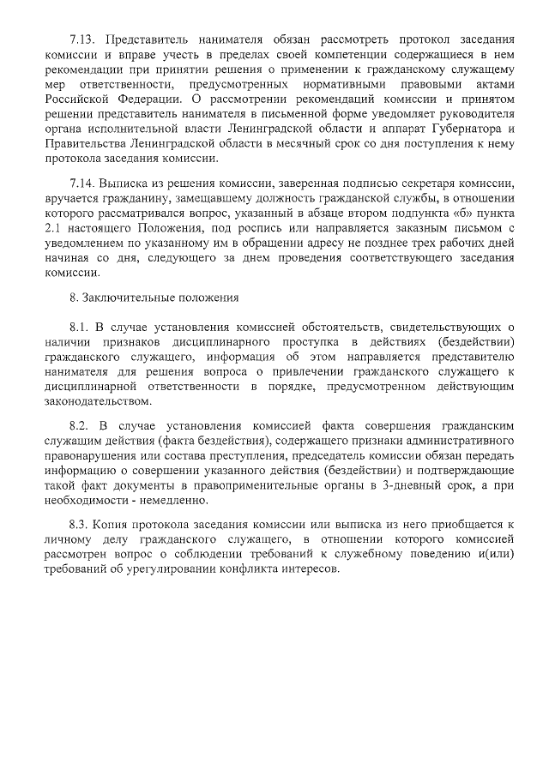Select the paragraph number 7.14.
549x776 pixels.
point(82,183)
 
